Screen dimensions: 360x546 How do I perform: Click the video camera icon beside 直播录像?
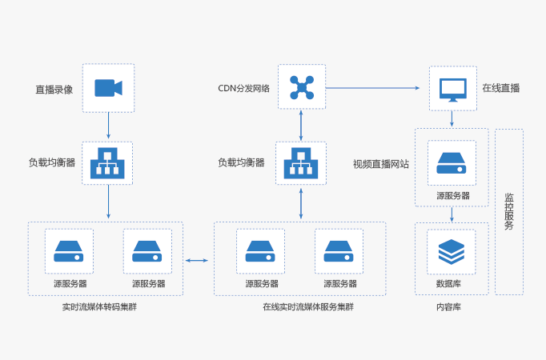click(108, 87)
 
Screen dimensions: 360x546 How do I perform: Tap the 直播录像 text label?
click(54, 89)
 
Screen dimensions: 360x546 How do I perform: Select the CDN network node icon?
click(302, 87)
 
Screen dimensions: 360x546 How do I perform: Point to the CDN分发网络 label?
click(244, 88)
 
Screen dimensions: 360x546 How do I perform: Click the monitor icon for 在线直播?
click(452, 88)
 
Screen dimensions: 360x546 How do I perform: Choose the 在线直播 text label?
click(500, 88)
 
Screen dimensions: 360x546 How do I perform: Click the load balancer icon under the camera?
click(106, 162)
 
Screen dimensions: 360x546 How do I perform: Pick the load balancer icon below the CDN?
click(301, 162)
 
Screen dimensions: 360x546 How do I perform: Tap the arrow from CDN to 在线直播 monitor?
click(374, 87)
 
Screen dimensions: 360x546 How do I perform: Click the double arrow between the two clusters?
click(197, 260)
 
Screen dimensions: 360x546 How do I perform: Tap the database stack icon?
click(452, 251)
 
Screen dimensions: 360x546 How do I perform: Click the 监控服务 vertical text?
click(509, 211)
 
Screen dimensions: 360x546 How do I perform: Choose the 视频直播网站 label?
click(381, 164)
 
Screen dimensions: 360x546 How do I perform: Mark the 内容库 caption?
click(448, 306)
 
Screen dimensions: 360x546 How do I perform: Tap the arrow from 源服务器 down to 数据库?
click(452, 214)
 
